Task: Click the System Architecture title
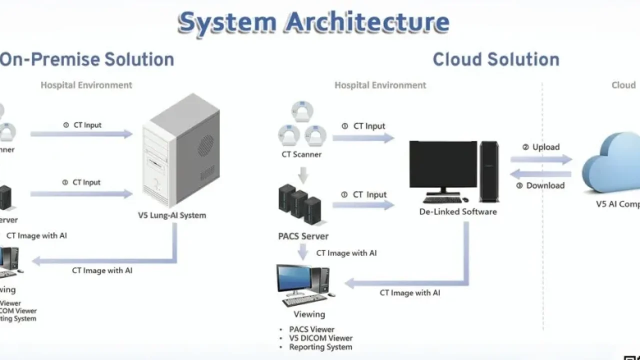coord(313,22)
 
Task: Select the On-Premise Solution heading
coord(87,59)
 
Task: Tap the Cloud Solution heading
coord(495,59)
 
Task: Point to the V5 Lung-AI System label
coord(172,215)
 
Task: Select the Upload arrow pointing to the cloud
coord(541,160)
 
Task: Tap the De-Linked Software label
coord(458,211)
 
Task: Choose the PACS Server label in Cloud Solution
coord(303,236)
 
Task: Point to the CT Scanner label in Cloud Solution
coord(301,154)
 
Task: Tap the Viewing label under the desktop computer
coord(309,314)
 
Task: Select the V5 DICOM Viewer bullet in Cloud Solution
coord(321,338)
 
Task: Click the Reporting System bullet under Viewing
coord(320,347)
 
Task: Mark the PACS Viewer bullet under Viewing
coord(312,329)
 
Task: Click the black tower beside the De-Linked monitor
coord(489,171)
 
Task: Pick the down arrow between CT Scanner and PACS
coord(302,175)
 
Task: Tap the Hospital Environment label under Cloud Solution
coord(380,85)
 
